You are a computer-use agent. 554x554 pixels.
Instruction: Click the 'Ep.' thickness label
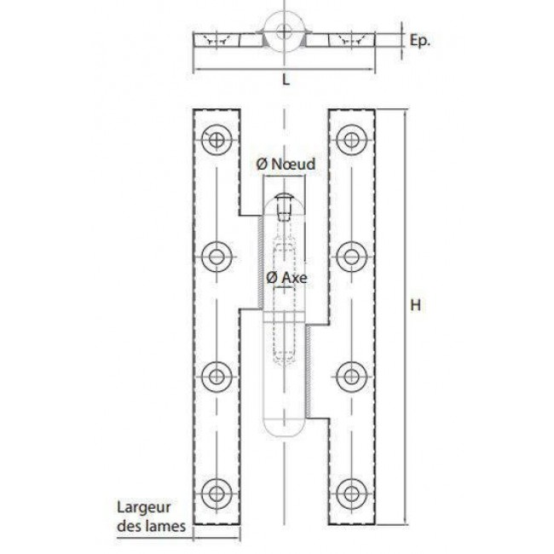pos(419,41)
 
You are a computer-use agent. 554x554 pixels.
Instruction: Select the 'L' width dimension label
pos(286,80)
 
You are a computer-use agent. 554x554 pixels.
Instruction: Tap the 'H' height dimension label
pos(416,305)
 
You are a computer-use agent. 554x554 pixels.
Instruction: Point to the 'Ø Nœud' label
pos(286,164)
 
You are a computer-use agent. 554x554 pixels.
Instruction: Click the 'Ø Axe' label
pos(286,278)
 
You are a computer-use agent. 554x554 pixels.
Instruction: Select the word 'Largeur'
pos(144,508)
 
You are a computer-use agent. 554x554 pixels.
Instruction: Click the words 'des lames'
pos(151,526)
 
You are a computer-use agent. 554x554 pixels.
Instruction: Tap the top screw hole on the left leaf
pos(216,139)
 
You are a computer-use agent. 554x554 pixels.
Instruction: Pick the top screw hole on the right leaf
pos(351,139)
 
